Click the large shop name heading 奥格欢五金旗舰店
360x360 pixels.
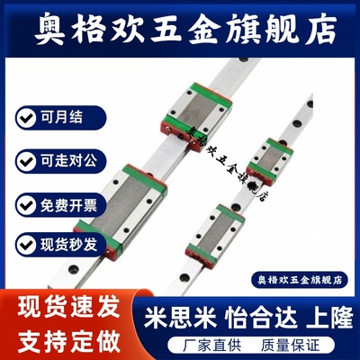click(x=180, y=26)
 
